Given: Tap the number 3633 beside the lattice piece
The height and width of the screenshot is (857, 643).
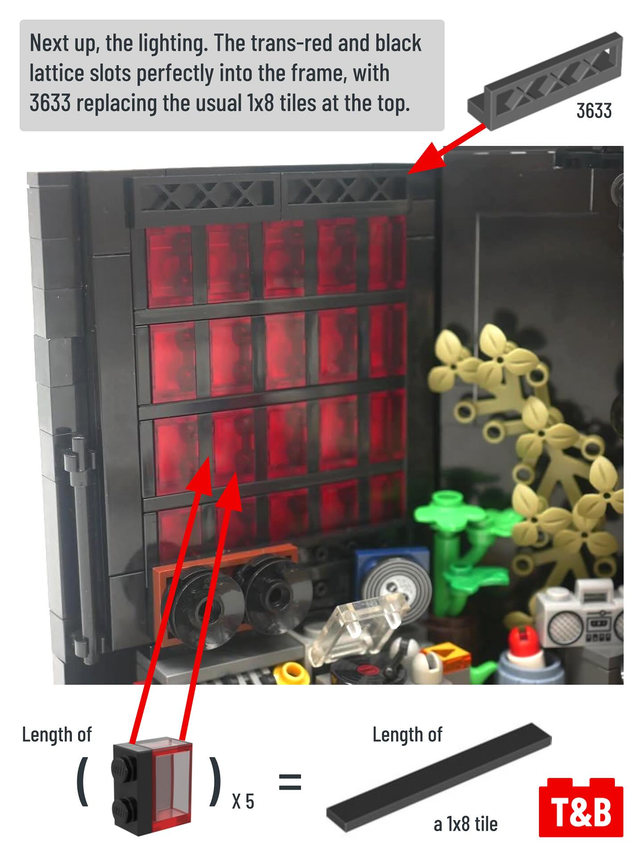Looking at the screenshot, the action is pos(594,111).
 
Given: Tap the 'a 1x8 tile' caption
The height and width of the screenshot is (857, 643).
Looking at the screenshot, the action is pos(465,824).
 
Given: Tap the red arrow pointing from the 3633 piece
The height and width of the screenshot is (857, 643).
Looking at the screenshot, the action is pos(446,149).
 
